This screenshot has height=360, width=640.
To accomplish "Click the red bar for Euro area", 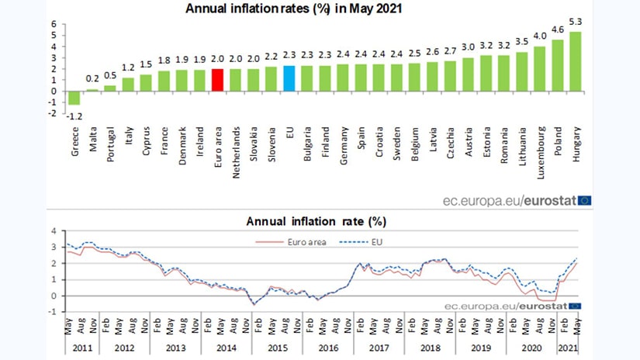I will [218, 80].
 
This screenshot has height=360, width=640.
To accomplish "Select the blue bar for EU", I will [289, 78].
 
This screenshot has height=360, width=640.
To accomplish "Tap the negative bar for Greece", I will [74, 98].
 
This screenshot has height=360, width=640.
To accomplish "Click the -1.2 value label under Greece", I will [74, 115].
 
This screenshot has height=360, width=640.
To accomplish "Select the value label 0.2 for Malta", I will [92, 79].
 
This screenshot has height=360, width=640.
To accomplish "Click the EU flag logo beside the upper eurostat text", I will [583, 200].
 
